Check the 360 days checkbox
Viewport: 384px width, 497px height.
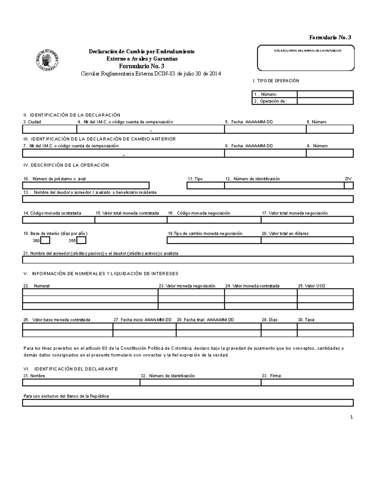(45, 240)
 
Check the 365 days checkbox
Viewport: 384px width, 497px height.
(82, 240)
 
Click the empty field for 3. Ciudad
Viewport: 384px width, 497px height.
(49, 129)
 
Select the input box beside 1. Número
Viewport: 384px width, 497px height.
(325, 94)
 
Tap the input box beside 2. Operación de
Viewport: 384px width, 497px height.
(325, 101)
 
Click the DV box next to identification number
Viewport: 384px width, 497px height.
(349, 186)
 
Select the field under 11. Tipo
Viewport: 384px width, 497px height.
(205, 186)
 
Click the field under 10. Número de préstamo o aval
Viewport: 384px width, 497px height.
(85, 186)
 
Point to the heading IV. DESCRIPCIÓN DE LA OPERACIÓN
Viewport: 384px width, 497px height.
(66, 165)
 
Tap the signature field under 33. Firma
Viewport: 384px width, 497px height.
(307, 382)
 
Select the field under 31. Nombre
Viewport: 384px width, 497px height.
(81, 382)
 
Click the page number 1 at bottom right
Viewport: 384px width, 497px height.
(351, 417)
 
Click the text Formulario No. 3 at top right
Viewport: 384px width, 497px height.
(330, 37)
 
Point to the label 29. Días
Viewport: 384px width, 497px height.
(269, 320)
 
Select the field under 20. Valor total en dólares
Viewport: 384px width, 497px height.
(307, 240)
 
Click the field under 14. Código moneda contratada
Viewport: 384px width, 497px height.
(58, 220)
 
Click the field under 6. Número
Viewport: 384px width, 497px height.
(330, 129)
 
